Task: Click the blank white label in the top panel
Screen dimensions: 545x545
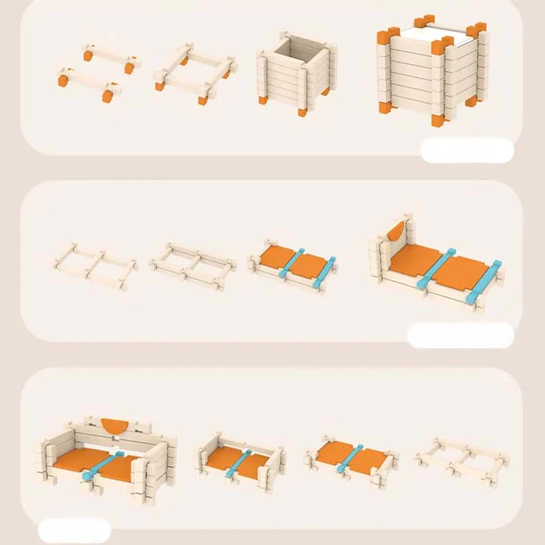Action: [x=467, y=150]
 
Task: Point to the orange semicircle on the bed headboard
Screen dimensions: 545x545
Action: [x=395, y=236]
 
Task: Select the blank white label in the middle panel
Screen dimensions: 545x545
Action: [x=460, y=335]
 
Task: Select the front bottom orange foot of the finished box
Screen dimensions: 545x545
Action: [x=437, y=121]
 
